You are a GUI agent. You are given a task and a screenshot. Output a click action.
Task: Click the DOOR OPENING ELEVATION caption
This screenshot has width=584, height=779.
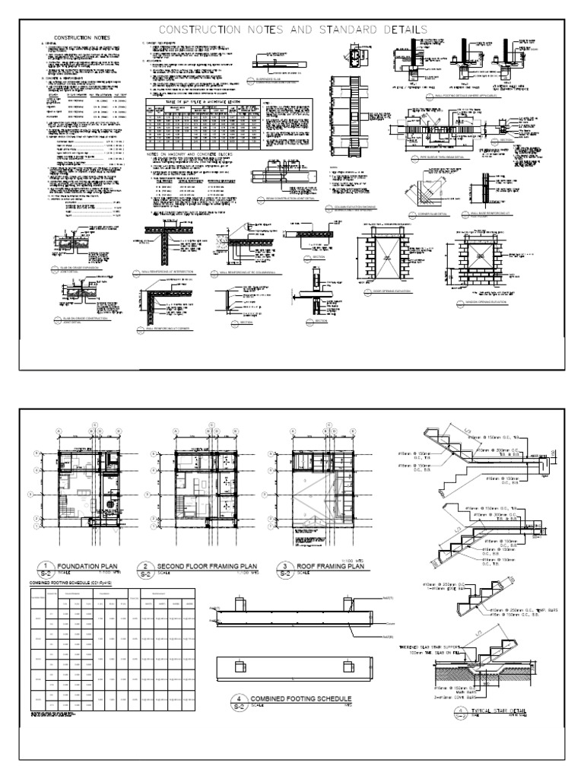coord(389,291)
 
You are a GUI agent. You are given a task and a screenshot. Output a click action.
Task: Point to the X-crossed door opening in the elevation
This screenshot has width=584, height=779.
coord(388,258)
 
